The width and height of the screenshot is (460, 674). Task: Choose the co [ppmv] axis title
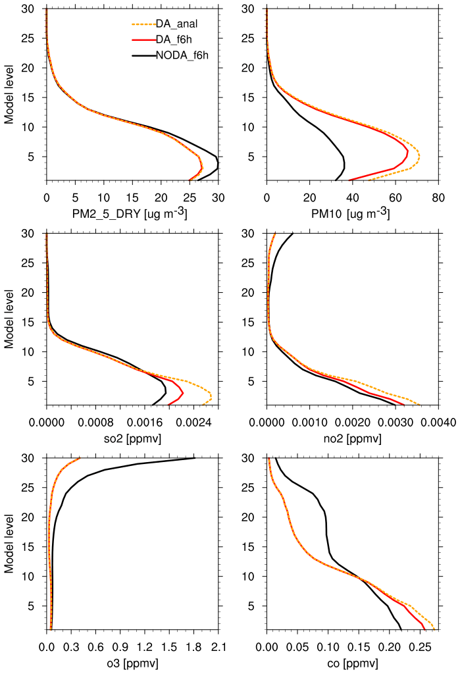click(x=352, y=662)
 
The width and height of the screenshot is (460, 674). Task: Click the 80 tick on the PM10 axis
click(x=438, y=196)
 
